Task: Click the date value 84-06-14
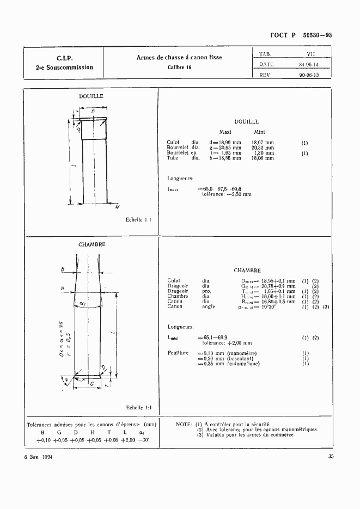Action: point(309,64)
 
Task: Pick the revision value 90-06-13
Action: point(309,75)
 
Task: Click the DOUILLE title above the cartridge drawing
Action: point(91,96)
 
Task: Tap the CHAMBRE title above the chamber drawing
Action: point(91,244)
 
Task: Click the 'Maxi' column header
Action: point(225,132)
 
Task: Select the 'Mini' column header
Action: point(259,132)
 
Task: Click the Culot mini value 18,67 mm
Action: point(263,143)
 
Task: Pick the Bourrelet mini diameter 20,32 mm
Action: point(263,148)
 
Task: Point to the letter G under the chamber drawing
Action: point(92,384)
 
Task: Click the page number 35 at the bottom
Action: point(331,457)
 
